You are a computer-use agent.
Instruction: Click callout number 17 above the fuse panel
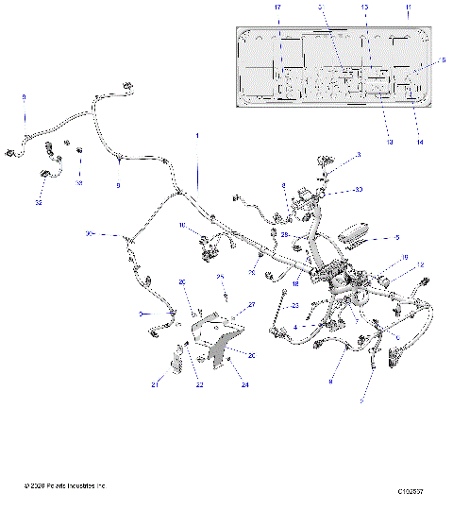(x=277, y=7)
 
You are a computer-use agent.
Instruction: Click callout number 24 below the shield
(x=245, y=385)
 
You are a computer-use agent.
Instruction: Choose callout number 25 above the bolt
(x=221, y=277)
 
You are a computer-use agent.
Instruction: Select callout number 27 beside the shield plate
(x=252, y=304)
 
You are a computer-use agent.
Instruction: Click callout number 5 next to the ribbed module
(x=396, y=238)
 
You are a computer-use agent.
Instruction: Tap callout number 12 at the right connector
(x=420, y=265)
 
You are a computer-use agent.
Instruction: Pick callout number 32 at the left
(x=39, y=202)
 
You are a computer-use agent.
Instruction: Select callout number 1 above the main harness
(x=197, y=135)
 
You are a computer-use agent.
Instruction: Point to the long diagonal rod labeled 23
(x=279, y=312)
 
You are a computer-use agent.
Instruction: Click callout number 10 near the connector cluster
(x=183, y=225)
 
